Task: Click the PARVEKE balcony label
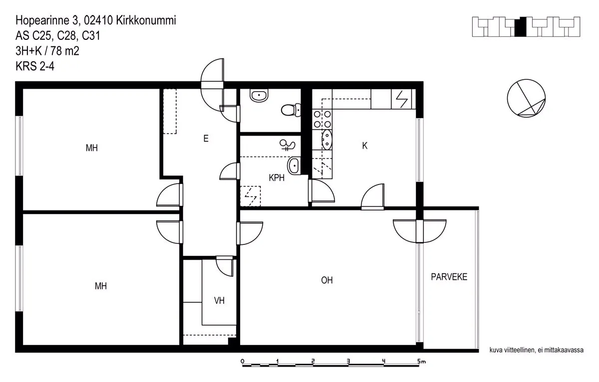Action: (449, 277)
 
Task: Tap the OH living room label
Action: (327, 280)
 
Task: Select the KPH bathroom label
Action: (277, 178)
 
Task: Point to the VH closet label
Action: (219, 301)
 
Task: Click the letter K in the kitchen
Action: (365, 146)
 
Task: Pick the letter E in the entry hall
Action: (206, 138)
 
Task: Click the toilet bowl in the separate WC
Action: (291, 110)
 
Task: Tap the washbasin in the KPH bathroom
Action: (294, 166)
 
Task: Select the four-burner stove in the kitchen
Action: (322, 119)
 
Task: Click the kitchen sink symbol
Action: (326, 140)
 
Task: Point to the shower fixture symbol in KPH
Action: (287, 145)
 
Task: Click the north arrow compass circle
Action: (526, 98)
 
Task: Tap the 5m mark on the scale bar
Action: (421, 362)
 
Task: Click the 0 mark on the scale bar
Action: (242, 362)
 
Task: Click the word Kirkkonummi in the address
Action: (146, 20)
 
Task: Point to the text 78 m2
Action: (65, 51)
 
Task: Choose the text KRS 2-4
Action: (35, 66)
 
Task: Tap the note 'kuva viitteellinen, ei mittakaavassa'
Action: (537, 350)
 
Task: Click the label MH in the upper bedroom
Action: (92, 148)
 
